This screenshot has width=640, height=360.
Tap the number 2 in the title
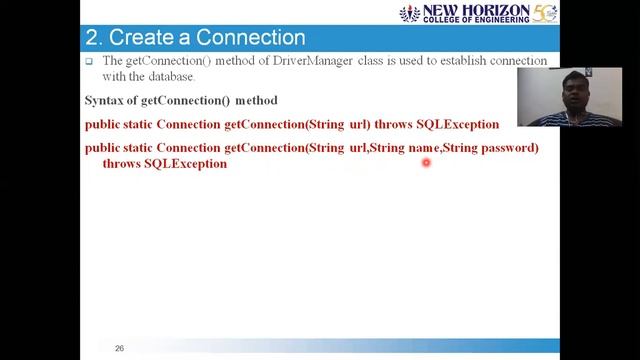coord(91,38)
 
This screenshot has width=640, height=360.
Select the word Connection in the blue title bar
coord(250,38)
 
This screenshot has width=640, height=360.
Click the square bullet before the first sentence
coord(89,61)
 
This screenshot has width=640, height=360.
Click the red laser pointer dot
coord(426,162)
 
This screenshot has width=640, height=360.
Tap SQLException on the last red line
coord(185,163)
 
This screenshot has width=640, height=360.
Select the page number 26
coord(119,348)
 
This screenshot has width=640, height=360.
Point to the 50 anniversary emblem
coord(545,14)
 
